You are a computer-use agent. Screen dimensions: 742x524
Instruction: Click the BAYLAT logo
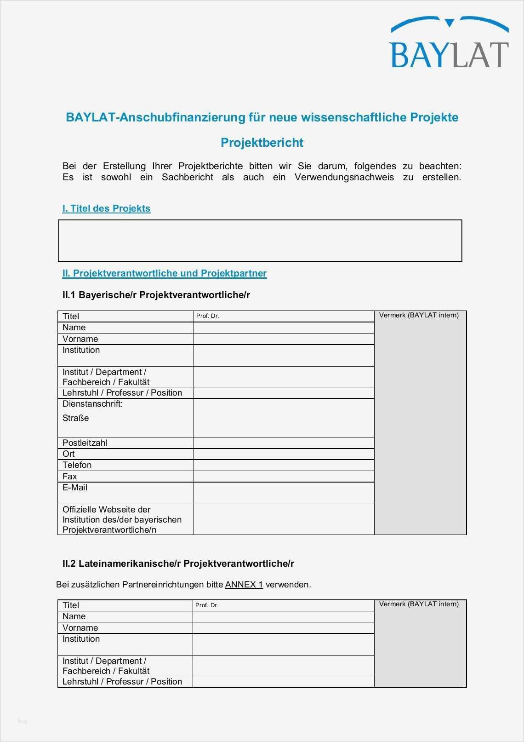click(x=449, y=43)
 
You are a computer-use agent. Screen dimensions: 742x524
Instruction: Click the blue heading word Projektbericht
click(x=262, y=143)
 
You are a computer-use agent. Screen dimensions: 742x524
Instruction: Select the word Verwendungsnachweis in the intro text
click(x=344, y=178)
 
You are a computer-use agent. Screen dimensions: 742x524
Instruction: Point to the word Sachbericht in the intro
click(x=187, y=178)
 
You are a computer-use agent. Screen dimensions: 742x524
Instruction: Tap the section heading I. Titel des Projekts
click(x=106, y=208)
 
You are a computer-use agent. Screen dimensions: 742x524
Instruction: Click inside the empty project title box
click(x=260, y=241)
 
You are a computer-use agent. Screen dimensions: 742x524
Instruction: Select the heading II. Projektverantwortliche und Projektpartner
click(x=164, y=273)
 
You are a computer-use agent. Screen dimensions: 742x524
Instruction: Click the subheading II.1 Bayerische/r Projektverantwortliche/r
click(x=156, y=295)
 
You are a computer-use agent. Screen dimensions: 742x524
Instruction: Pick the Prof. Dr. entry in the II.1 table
click(x=208, y=316)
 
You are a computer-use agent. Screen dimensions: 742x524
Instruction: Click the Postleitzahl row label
click(x=85, y=443)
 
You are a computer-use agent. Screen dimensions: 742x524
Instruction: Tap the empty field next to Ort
click(x=284, y=454)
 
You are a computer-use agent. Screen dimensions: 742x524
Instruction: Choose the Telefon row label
click(x=77, y=465)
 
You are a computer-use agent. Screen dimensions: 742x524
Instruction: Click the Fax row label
click(x=69, y=477)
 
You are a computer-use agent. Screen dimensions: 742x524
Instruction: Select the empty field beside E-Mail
click(x=284, y=493)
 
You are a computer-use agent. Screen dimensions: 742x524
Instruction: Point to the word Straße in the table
click(x=76, y=418)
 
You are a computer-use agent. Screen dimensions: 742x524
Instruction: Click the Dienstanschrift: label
click(x=92, y=404)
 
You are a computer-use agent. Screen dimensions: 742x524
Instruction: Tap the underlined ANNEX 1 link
click(x=244, y=585)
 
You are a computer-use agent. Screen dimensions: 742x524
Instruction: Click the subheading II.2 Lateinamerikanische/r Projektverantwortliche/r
click(x=178, y=564)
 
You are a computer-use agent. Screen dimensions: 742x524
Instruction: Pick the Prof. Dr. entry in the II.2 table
click(x=207, y=605)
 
